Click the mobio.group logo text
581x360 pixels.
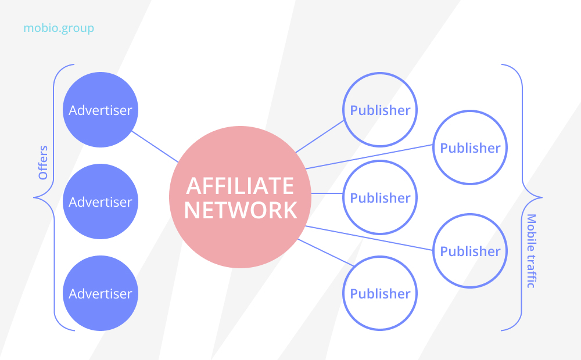pyautogui.click(x=59, y=28)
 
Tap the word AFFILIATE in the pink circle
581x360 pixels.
pyautogui.click(x=240, y=186)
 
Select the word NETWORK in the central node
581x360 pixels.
pyautogui.click(x=241, y=210)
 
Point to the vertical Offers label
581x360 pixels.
pyautogui.click(x=43, y=162)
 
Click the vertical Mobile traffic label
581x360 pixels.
pyautogui.click(x=532, y=251)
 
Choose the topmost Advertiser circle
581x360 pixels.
pyautogui.click(x=101, y=110)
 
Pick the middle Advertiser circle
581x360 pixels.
pyautogui.click(x=101, y=201)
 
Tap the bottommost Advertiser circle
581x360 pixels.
pyautogui.click(x=101, y=293)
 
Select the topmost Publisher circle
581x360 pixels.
pyautogui.click(x=380, y=110)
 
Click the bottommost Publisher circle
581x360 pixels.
pyautogui.click(x=380, y=293)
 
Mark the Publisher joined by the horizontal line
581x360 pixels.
pyautogui.click(x=380, y=197)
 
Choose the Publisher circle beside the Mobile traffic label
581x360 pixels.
pyautogui.click(x=470, y=251)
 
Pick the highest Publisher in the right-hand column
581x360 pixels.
pyautogui.click(x=470, y=147)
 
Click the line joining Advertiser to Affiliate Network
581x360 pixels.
pyautogui.click(x=155, y=147)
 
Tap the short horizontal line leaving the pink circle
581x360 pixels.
pyautogui.click(x=327, y=193)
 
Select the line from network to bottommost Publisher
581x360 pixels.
pyautogui.click(x=326, y=253)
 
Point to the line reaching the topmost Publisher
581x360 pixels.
pyautogui.click(x=320, y=136)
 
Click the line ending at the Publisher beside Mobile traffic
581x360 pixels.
pyautogui.click(x=369, y=238)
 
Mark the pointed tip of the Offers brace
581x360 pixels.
pyautogui.click(x=34, y=197)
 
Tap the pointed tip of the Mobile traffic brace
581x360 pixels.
pyautogui.click(x=542, y=197)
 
